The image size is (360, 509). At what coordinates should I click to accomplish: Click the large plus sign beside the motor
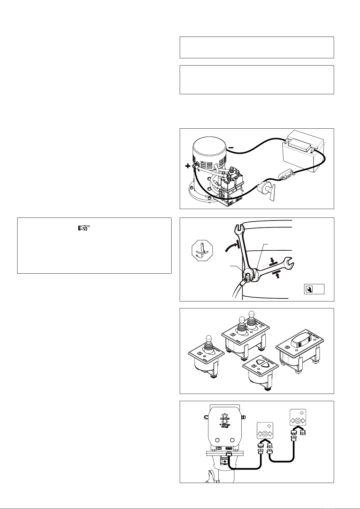click(x=188, y=166)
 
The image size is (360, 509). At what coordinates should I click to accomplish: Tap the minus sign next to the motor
click(x=231, y=147)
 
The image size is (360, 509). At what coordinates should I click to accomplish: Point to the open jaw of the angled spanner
click(x=290, y=262)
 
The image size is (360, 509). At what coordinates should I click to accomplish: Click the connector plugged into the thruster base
click(x=229, y=455)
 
